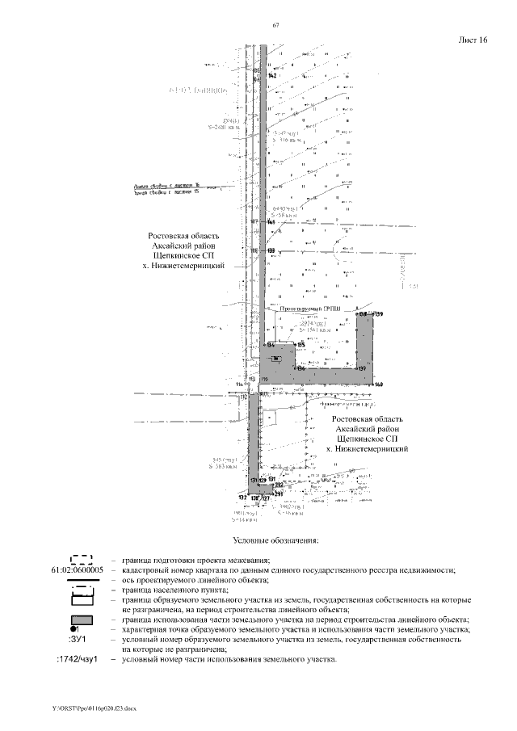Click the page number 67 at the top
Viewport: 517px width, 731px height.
pos(276,27)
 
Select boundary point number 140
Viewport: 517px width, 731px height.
pos(378,384)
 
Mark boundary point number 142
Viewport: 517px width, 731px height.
pos(272,75)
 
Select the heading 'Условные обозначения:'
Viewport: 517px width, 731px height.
pos(275,540)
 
